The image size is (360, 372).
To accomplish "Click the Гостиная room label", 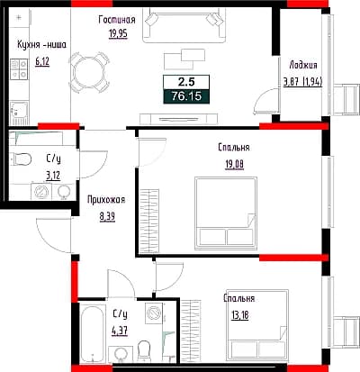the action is coord(117,20).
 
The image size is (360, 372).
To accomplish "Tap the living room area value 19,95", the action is coord(118,33).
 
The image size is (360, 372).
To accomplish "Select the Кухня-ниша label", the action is coord(41,45).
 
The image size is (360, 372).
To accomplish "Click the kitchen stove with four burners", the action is coord(19,69).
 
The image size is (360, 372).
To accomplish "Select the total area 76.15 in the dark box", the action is coord(186,96).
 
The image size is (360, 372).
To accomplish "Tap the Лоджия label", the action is coord(303,65).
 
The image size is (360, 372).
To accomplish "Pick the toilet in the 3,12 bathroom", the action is coord(21,159).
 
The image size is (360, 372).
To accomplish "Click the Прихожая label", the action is coord(106,200).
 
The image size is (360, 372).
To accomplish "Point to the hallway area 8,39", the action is coord(107,216).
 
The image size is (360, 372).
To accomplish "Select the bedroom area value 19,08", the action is coord(235,164).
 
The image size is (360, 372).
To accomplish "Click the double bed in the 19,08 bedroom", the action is coord(226,213).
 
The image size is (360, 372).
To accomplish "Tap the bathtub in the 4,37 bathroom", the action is coord(93,333).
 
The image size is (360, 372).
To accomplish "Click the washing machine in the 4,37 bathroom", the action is coord(155,313).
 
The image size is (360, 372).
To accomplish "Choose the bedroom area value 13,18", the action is coord(240,315).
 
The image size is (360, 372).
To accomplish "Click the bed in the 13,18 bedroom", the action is coord(257,323).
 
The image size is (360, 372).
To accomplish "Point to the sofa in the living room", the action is coord(184,25).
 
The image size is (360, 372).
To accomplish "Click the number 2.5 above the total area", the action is coord(186,82).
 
